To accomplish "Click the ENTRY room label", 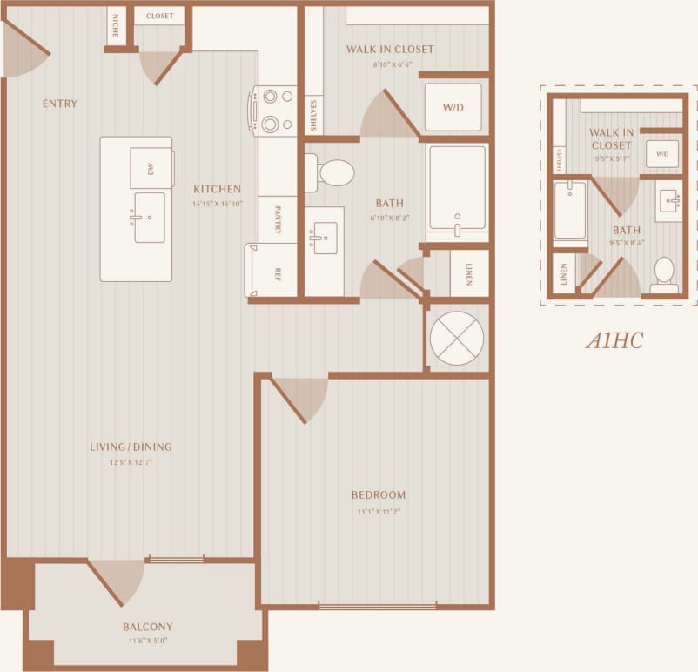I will pos(60,104).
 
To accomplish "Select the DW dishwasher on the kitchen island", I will pos(151,168).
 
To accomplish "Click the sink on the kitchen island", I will pos(149,217).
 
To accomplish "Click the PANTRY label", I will pos(277,220).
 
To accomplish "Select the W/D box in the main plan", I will pos(453,108).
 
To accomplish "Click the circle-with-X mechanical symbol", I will pos(457,339).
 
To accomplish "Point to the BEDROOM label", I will pos(379,495).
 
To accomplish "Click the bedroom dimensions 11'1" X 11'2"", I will pos(379,512).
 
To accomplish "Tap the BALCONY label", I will pos(147,627).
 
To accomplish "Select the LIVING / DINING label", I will pos(131,447).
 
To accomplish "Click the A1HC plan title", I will pos(614,340).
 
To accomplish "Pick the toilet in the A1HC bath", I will pos(665,275).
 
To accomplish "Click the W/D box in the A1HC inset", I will pos(662,154).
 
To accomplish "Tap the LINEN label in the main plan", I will pos(468,274).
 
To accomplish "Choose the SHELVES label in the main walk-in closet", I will pos(313,114).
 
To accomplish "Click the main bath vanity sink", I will pos(325,238).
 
